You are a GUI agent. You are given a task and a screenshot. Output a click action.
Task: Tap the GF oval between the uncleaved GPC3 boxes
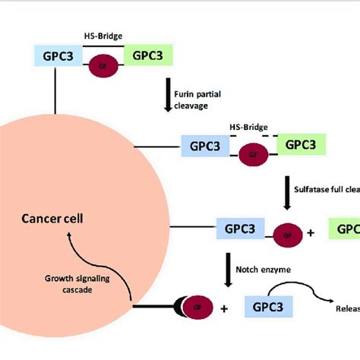coord(102,66)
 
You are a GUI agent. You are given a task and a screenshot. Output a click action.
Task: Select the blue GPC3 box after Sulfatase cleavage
coord(240,228)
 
